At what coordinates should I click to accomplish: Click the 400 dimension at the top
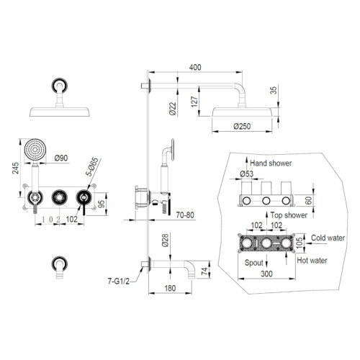coord(195,67)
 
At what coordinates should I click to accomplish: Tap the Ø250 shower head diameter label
coord(242,126)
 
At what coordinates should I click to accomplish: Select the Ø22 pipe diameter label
coord(173,109)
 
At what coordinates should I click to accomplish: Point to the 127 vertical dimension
coord(194,102)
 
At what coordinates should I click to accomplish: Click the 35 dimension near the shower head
coord(274,90)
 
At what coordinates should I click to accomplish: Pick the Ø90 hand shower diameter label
coord(61,158)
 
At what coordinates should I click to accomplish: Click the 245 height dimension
coord(16,168)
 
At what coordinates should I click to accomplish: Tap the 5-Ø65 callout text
coord(92,166)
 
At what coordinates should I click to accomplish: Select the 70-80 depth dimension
coord(185,215)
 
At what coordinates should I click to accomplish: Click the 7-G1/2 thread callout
coord(119,281)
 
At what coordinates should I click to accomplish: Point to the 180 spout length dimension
coord(170,288)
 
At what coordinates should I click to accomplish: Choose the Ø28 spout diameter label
coord(166,240)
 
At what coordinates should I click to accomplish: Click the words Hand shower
coord(271,163)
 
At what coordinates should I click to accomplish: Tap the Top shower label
coord(289,215)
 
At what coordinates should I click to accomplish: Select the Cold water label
coord(328,238)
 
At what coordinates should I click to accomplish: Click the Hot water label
coord(312,261)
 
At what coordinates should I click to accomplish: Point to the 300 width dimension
coord(266,274)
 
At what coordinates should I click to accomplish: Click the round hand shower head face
coord(35,150)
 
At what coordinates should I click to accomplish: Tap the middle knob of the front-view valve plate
coord(59,197)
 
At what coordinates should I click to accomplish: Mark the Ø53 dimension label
coord(246,174)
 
